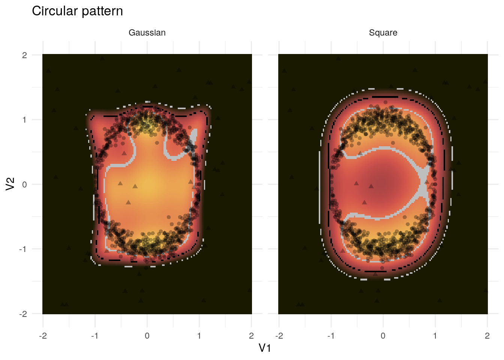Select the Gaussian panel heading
(147, 33)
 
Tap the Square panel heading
(383, 33)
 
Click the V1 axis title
(265, 348)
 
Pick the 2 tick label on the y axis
(25, 55)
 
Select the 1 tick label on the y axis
(25, 120)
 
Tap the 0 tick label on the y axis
(25, 184)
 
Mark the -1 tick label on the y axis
(23, 249)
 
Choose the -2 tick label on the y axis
(23, 314)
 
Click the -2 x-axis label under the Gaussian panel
(43, 336)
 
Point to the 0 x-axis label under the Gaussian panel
(147, 336)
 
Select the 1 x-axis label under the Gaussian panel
(199, 336)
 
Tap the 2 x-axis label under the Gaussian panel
(251, 336)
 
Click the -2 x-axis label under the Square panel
(279, 336)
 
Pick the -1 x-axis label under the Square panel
(331, 336)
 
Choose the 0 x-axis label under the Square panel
(383, 336)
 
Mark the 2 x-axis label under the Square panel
(487, 336)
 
